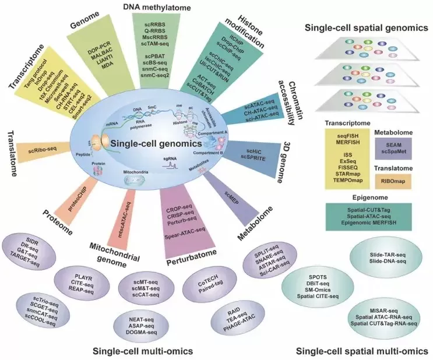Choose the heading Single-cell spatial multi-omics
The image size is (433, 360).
362,351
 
